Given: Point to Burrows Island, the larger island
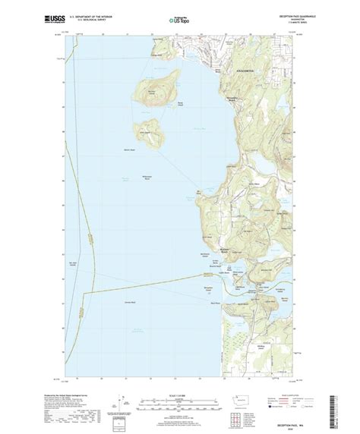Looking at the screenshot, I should (x=152, y=93).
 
